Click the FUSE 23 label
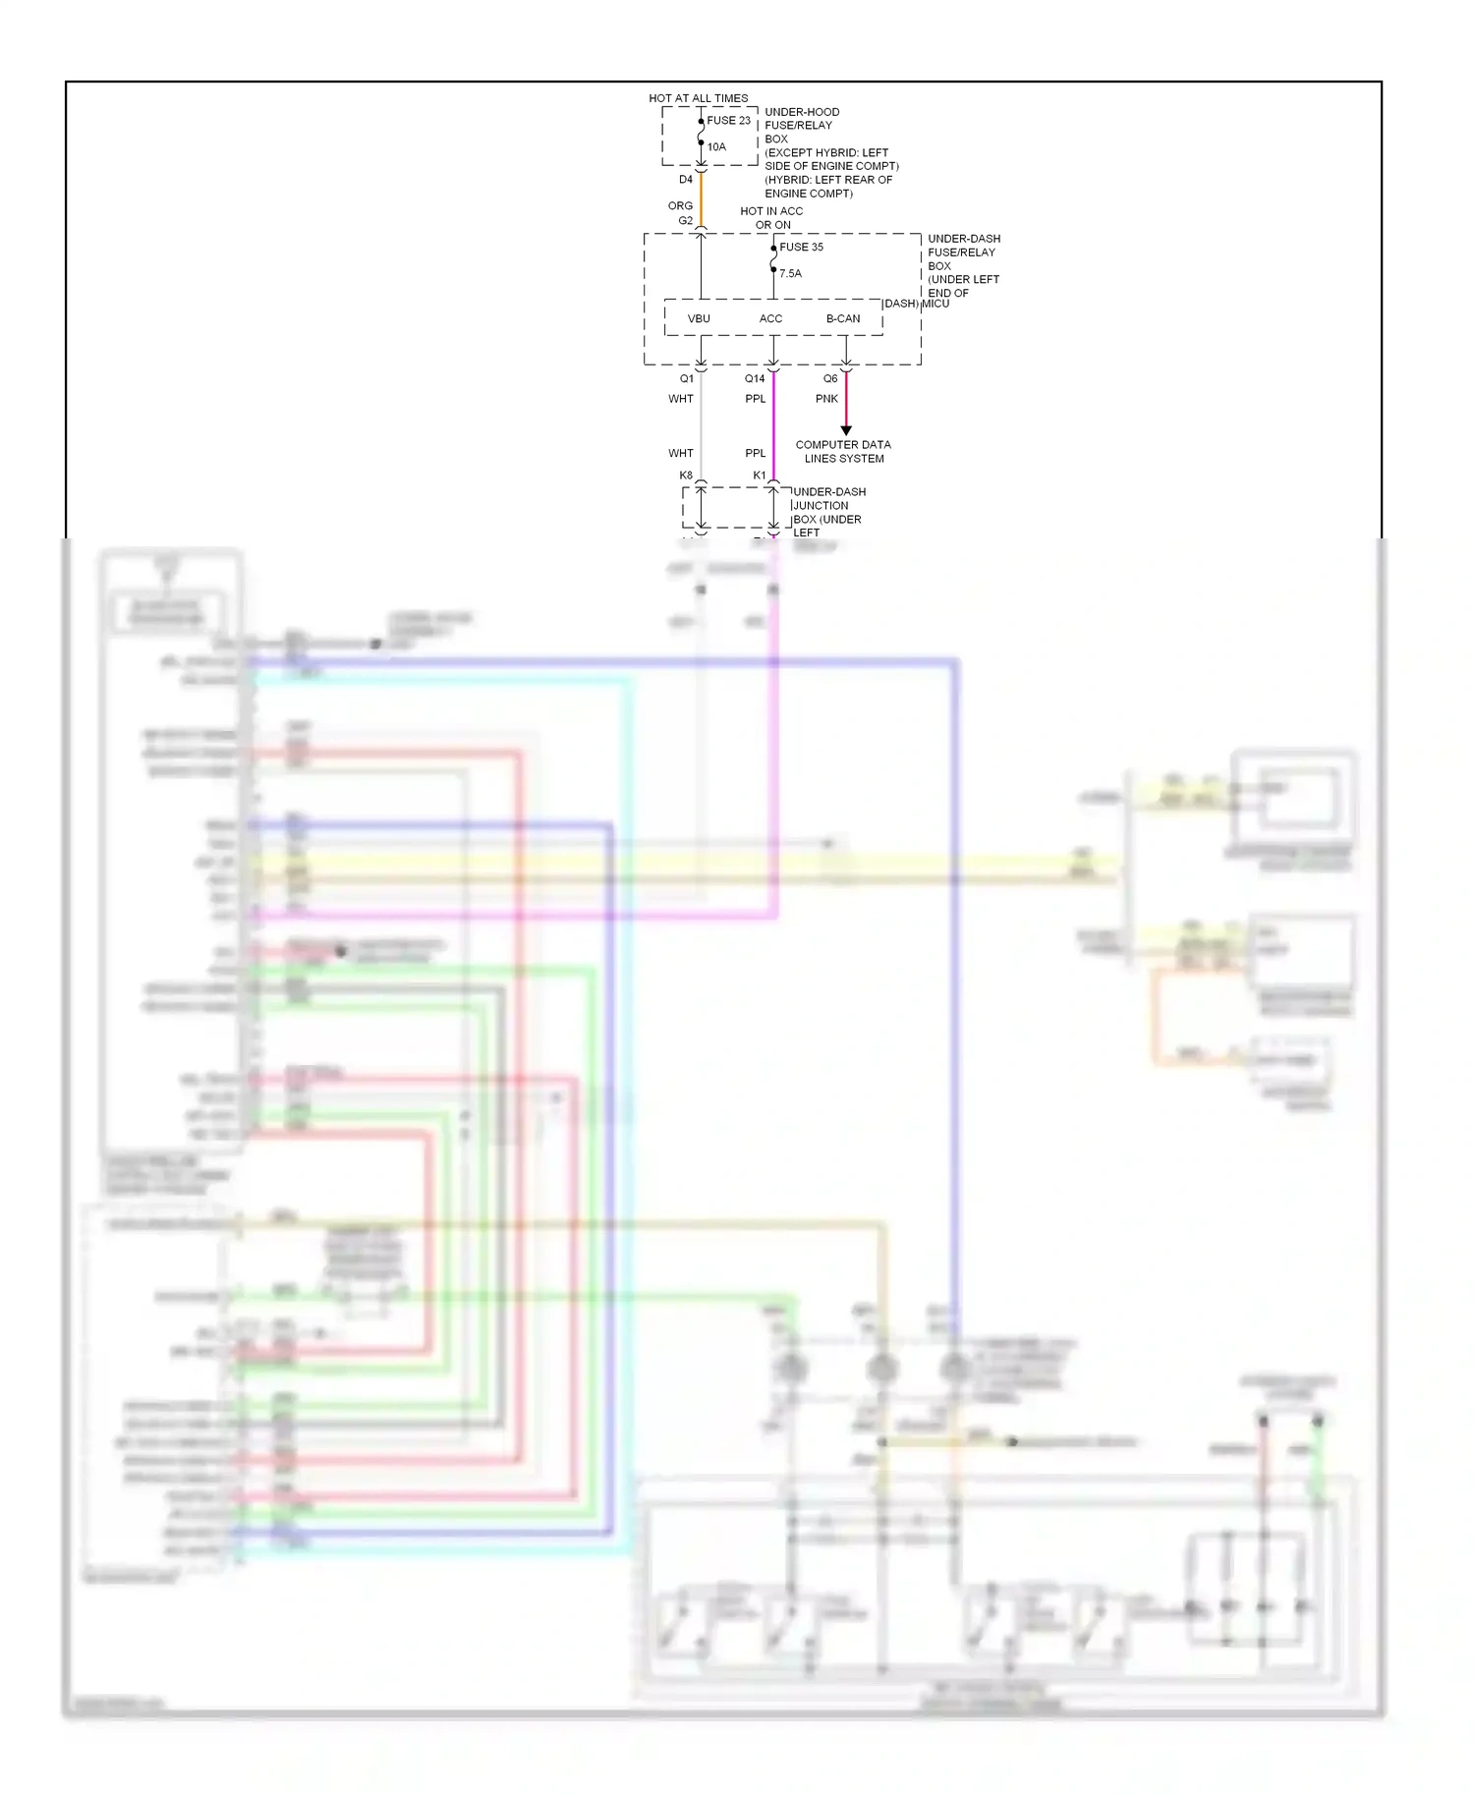click(728, 121)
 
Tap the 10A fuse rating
click(716, 147)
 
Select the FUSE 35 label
click(801, 248)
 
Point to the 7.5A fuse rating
click(790, 274)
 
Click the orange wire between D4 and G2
click(701, 199)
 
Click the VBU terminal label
click(699, 319)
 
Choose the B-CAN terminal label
click(842, 319)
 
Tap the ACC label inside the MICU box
click(770, 319)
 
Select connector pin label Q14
click(754, 379)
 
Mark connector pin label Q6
click(830, 379)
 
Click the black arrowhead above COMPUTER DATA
click(846, 430)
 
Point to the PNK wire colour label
click(826, 399)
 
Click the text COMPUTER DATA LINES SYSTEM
click(843, 452)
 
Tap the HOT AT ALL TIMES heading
click(698, 98)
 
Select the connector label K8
click(686, 476)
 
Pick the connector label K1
click(759, 476)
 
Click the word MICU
click(935, 304)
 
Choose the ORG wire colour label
click(680, 206)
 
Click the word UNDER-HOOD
click(802, 112)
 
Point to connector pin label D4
click(686, 180)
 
